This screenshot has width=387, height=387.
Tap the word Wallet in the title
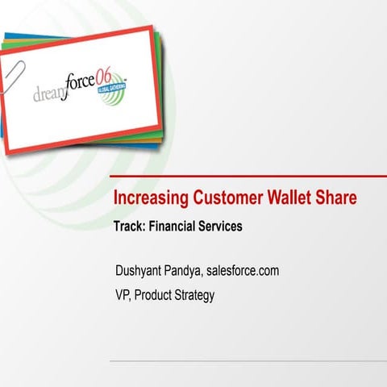(284, 198)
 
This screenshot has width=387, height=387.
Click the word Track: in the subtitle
(130, 227)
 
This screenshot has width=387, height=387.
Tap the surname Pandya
(182, 271)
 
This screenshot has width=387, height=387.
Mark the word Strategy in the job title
(196, 295)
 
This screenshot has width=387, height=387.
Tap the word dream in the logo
(51, 95)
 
